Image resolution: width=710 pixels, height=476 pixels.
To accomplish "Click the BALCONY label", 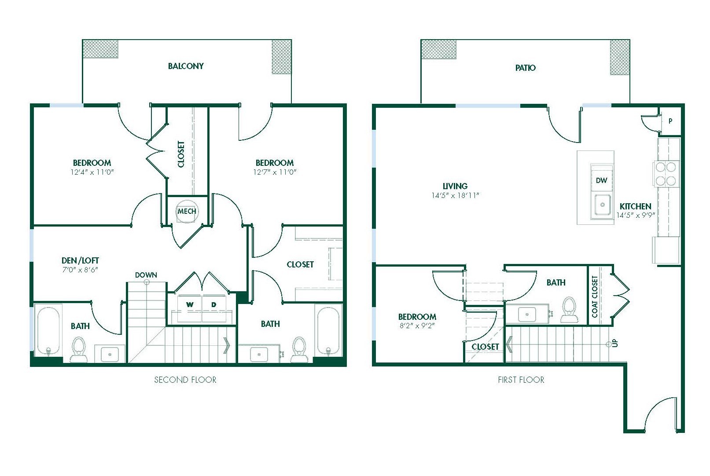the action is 185,66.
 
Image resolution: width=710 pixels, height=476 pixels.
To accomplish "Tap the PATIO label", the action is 525,68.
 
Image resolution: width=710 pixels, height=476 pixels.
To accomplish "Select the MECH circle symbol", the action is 187,211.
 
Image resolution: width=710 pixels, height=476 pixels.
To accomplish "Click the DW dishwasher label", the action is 601,180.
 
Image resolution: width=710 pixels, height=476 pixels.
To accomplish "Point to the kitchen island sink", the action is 602,205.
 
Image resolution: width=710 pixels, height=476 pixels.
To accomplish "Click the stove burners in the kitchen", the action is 666,174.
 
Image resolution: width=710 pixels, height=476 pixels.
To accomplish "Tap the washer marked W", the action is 190,305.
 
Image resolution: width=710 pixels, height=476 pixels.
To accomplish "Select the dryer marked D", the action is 214,305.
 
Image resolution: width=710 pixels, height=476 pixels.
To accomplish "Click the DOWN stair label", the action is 146,275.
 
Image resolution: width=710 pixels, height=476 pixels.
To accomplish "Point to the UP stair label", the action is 615,343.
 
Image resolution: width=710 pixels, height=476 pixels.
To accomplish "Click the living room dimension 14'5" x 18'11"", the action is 455,195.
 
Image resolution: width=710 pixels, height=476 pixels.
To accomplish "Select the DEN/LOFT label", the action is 80,260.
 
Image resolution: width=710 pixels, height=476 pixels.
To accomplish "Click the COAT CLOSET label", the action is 595,297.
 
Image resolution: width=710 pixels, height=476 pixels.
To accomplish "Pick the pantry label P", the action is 670,121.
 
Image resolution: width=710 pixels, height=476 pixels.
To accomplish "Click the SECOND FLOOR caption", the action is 185,380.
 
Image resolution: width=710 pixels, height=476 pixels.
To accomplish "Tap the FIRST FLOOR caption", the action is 521,380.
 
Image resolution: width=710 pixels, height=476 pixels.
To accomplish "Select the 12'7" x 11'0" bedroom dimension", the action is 275,172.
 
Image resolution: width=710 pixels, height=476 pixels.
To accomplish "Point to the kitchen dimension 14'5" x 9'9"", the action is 636,216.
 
